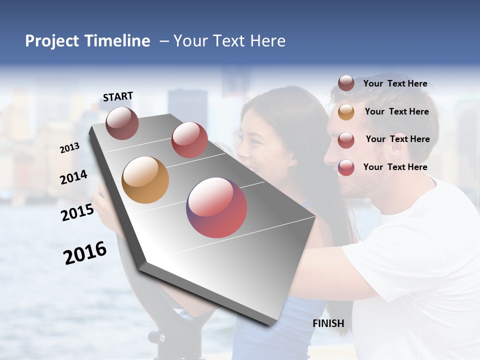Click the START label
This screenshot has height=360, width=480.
(x=118, y=96)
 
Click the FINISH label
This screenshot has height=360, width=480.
(x=328, y=323)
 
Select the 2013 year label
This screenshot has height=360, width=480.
(x=70, y=148)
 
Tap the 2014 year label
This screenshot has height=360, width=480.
(x=74, y=177)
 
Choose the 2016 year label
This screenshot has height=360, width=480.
(x=85, y=252)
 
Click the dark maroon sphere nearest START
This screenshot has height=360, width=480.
(x=122, y=123)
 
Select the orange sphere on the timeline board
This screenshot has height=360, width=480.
(x=145, y=180)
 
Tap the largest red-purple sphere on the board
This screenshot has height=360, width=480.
(x=216, y=207)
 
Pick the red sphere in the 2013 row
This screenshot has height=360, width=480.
(x=189, y=140)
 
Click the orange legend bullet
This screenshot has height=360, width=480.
(x=346, y=112)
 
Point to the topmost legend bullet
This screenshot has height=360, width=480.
(x=346, y=83)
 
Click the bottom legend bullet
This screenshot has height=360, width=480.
(x=346, y=167)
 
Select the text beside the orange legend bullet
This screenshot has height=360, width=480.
(x=396, y=111)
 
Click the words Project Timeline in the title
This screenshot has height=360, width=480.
(x=87, y=41)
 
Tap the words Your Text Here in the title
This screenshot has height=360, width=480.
(x=229, y=41)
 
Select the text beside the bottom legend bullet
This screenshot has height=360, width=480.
(x=395, y=167)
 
